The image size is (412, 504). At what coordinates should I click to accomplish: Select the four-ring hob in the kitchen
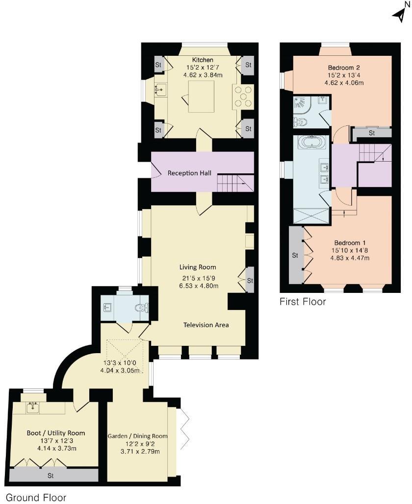point(244,96)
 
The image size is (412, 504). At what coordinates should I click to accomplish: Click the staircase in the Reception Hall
point(235,183)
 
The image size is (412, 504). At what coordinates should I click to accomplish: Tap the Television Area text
point(206,325)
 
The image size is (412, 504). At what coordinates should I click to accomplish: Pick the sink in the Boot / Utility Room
point(33,407)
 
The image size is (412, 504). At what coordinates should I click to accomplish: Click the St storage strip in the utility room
point(51,475)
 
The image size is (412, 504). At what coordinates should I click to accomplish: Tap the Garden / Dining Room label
point(137,436)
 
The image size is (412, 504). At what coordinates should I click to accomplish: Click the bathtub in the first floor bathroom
point(311,143)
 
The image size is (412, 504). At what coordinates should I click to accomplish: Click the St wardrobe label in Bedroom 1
point(295,255)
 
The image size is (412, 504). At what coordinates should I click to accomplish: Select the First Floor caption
point(303,302)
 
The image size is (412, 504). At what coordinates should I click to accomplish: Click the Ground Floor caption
point(36,498)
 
